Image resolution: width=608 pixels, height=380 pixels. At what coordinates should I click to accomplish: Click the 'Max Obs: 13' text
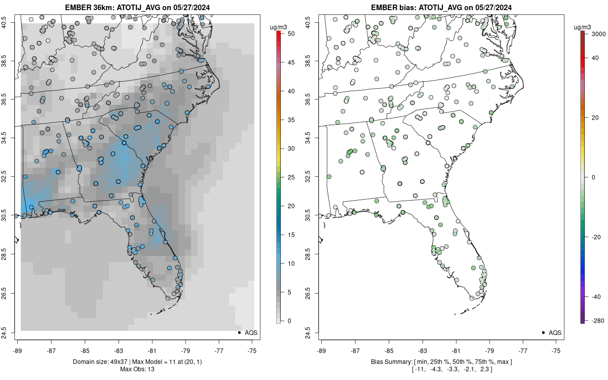(x=137, y=369)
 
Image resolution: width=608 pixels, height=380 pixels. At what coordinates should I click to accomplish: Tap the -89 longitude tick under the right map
(x=322, y=350)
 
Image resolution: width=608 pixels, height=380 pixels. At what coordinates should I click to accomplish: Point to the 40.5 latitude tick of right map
(x=308, y=22)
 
